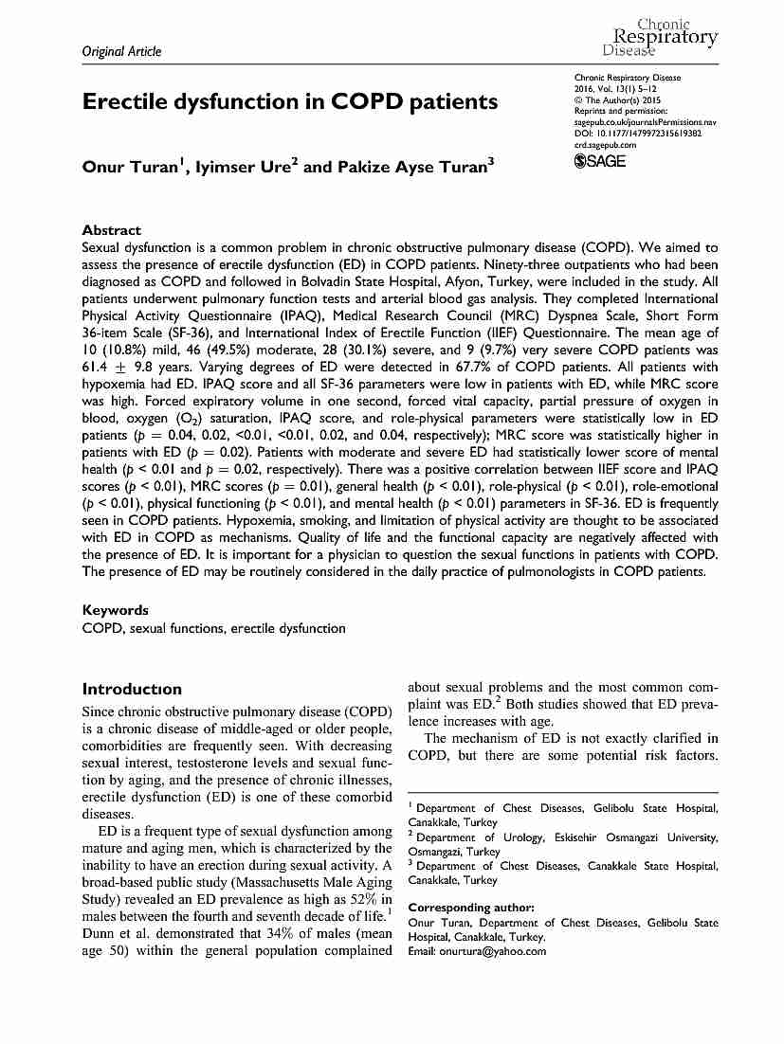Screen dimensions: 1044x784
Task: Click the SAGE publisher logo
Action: (x=601, y=161)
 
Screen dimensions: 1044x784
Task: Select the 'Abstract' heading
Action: (x=112, y=230)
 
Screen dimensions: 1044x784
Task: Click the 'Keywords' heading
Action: (x=116, y=611)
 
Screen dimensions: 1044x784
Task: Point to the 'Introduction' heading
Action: (x=132, y=689)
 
